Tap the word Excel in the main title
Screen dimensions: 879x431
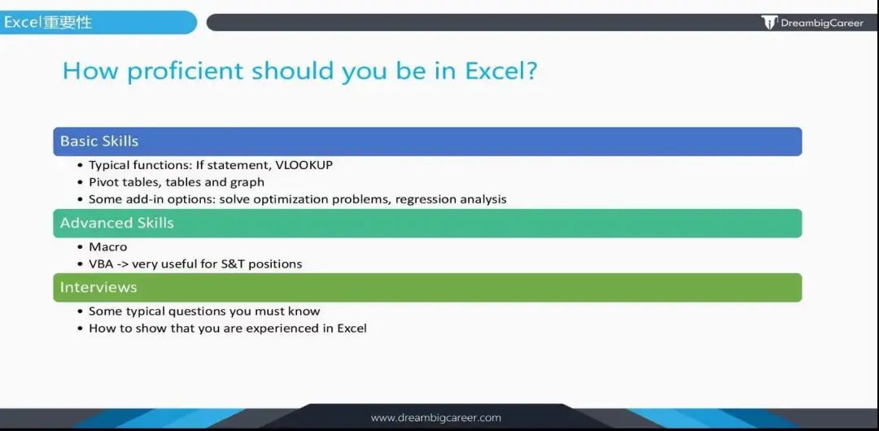(x=501, y=72)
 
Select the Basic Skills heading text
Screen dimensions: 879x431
(x=99, y=141)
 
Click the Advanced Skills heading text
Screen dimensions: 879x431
(x=117, y=223)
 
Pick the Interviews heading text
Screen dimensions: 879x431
(x=98, y=287)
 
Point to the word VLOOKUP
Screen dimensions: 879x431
(x=304, y=165)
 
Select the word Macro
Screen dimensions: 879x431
(x=108, y=246)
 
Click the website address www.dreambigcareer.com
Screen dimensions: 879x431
(x=435, y=417)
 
